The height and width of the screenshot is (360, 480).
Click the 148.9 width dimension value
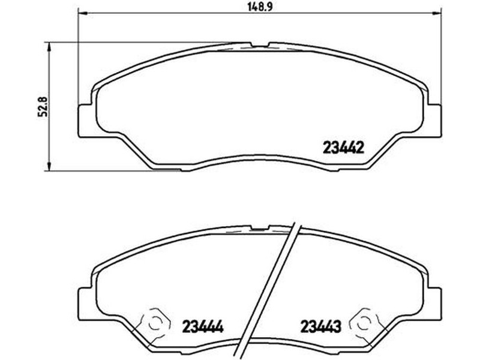260,7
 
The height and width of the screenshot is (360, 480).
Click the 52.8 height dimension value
42,107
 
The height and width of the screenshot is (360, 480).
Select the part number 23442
343,148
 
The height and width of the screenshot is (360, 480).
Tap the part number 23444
203,326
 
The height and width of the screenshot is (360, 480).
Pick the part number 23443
320,326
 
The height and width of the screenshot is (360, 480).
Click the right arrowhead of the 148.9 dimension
437,13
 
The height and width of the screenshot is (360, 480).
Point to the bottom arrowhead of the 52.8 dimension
48,166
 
